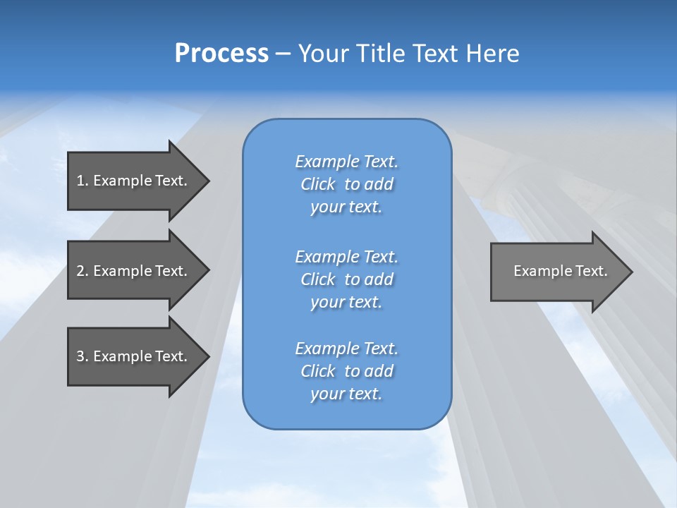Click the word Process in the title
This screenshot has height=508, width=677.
coord(221,53)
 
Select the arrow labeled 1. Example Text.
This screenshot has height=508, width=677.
coord(134,181)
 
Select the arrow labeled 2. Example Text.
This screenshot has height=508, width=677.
coord(134,271)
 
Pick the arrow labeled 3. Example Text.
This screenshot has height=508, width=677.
coord(134,356)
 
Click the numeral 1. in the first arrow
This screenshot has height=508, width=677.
coord(83,181)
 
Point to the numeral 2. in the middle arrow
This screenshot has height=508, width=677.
coord(83,271)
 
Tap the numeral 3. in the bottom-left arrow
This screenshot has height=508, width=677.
coord(83,356)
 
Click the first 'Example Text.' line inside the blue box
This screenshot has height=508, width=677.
coord(346,162)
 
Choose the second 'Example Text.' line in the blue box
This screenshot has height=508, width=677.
coord(346,257)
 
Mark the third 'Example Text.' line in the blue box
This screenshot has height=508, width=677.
coord(346,349)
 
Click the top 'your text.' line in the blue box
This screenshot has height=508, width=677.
coord(346,207)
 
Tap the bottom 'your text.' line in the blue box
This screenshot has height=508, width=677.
coord(346,394)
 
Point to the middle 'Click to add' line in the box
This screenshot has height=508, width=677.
coord(346,279)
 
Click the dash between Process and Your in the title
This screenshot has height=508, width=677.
coord(283,54)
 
